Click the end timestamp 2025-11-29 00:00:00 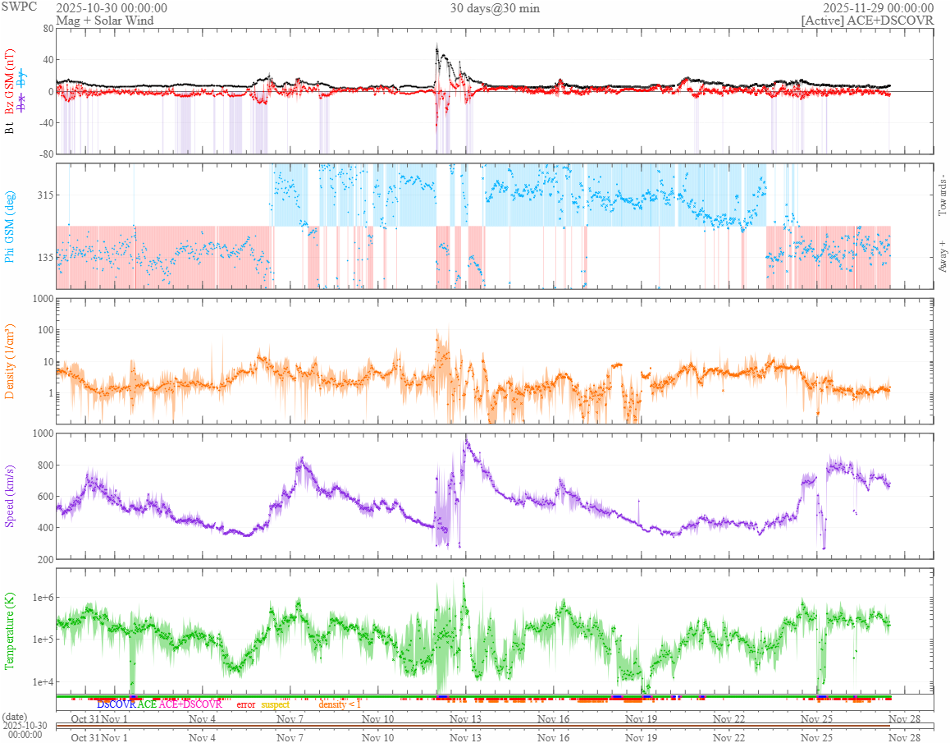879,8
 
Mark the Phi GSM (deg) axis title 11,226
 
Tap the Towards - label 942,195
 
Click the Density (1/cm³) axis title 11,360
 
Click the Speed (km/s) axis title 11,496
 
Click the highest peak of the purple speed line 466,440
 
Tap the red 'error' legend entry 246,704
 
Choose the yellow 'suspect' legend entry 276,704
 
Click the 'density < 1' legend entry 340,704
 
